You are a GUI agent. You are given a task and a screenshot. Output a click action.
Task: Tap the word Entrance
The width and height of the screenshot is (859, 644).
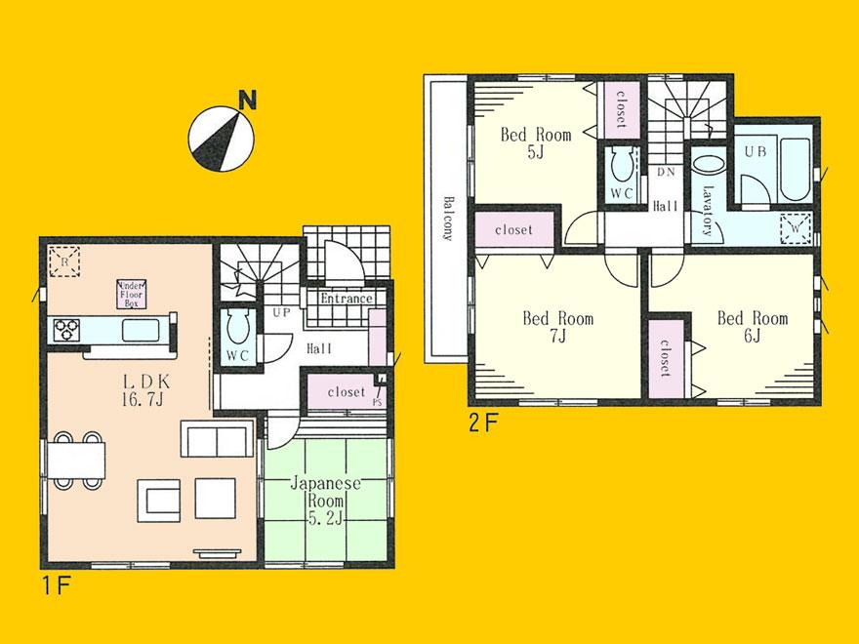click(x=347, y=299)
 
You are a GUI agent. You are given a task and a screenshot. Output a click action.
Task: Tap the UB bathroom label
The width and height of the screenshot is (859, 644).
click(x=756, y=152)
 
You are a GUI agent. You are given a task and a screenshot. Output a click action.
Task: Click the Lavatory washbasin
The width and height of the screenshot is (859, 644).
click(x=711, y=168)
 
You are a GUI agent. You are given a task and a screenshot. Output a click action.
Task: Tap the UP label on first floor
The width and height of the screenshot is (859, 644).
click(x=280, y=311)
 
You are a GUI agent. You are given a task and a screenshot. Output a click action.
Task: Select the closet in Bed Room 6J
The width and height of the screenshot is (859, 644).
click(x=665, y=356)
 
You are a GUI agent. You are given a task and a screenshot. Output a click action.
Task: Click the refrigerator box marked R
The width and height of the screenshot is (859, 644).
click(x=62, y=262)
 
